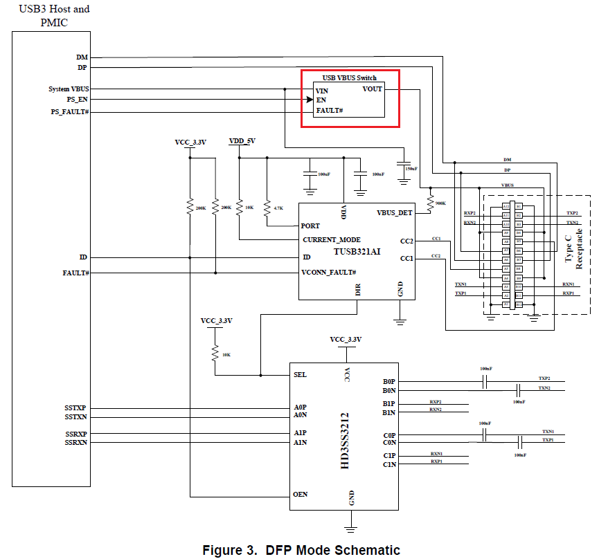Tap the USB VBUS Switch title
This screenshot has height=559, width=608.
pyautogui.click(x=350, y=77)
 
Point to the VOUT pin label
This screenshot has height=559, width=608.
pyautogui.click(x=372, y=89)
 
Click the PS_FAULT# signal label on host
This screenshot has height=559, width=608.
pyautogui.click(x=70, y=111)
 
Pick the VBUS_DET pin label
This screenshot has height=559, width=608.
pyautogui.click(x=394, y=212)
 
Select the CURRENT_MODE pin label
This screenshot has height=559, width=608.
pyautogui.click(x=331, y=240)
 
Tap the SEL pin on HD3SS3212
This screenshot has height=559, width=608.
pyautogui.click(x=301, y=375)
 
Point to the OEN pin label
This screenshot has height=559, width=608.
pyautogui.click(x=301, y=495)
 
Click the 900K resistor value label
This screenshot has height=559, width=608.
pyautogui.click(x=439, y=203)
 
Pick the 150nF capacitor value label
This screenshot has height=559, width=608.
pyautogui.click(x=411, y=169)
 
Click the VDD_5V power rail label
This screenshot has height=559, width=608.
pyautogui.click(x=242, y=141)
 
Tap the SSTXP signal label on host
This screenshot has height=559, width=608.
pyautogui.click(x=76, y=408)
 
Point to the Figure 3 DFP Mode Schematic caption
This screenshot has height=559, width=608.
pyautogui.click(x=301, y=551)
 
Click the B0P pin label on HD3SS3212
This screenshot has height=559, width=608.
pyautogui.click(x=389, y=381)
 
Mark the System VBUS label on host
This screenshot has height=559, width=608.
pyautogui.click(x=69, y=89)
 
